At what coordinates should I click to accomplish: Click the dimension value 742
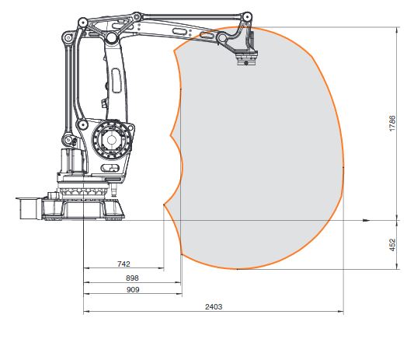pyautogui.click(x=124, y=264)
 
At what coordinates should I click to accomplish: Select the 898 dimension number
pyautogui.click(x=131, y=278)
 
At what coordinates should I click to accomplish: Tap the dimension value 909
pyautogui.click(x=132, y=289)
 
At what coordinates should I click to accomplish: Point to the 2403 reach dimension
pyautogui.click(x=214, y=306)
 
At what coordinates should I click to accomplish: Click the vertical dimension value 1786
pyautogui.click(x=392, y=125)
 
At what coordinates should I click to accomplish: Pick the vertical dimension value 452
pyautogui.click(x=392, y=244)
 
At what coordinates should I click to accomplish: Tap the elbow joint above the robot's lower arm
pyautogui.click(x=111, y=37)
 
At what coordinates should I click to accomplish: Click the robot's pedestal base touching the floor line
pyautogui.click(x=85, y=209)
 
